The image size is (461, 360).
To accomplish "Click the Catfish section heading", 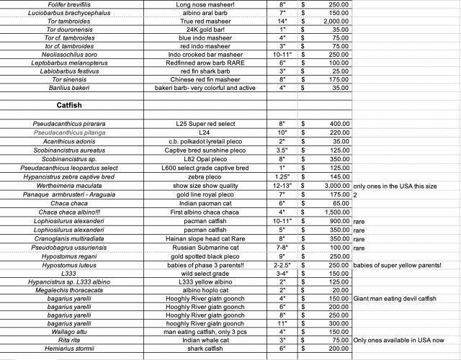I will click(x=74, y=105).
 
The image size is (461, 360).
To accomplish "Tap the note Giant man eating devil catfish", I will click(x=399, y=299).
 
